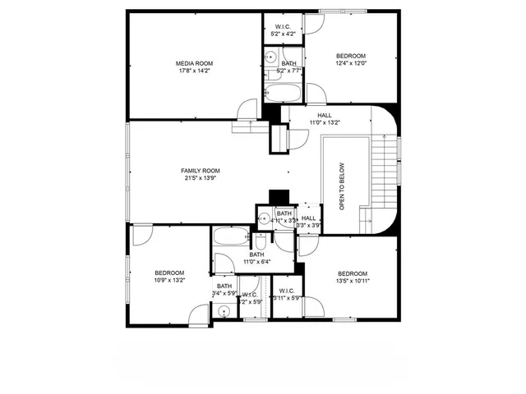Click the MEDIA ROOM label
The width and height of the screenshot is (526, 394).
click(194, 63)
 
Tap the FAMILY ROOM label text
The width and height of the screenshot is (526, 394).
click(201, 171)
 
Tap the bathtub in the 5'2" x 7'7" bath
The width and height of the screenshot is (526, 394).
click(284, 88)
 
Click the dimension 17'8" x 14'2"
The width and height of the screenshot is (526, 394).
click(194, 71)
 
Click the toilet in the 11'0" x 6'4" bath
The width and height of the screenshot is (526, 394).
click(259, 242)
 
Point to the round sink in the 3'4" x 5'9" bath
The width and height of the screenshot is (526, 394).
click(223, 310)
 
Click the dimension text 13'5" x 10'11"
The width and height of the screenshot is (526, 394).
click(352, 280)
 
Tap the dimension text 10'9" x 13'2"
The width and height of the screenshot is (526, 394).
click(169, 280)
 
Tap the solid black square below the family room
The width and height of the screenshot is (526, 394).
click(279, 197)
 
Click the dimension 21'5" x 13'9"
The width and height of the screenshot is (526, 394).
click(201, 178)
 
